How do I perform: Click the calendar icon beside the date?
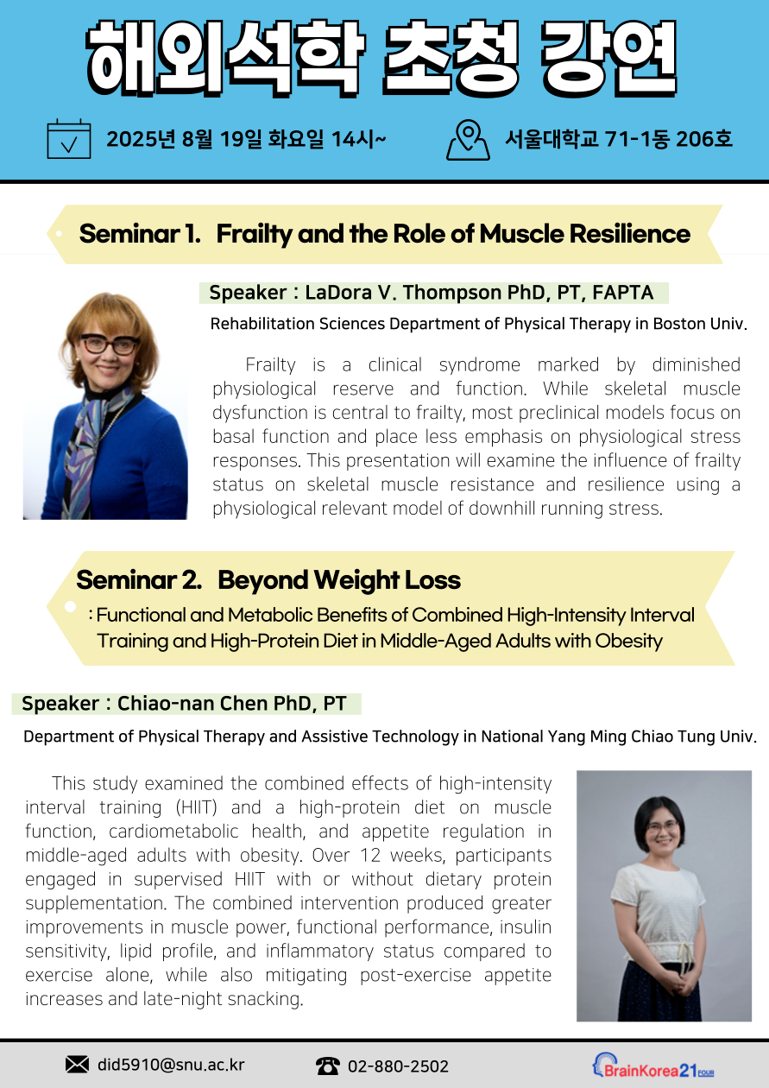pyautogui.click(x=68, y=139)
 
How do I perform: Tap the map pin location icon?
pyautogui.click(x=468, y=139)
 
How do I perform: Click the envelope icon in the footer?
pyautogui.click(x=78, y=1065)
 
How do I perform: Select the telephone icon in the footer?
pyautogui.click(x=328, y=1066)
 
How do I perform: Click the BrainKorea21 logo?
pyautogui.click(x=652, y=1066)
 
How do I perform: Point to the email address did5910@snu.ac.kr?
pyautogui.click(x=171, y=1066)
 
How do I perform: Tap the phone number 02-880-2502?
pyautogui.click(x=398, y=1066)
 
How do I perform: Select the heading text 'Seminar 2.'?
pyautogui.click(x=139, y=579)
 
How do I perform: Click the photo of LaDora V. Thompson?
pyautogui.click(x=105, y=403)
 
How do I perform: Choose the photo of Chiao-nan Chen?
pyautogui.click(x=664, y=895)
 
